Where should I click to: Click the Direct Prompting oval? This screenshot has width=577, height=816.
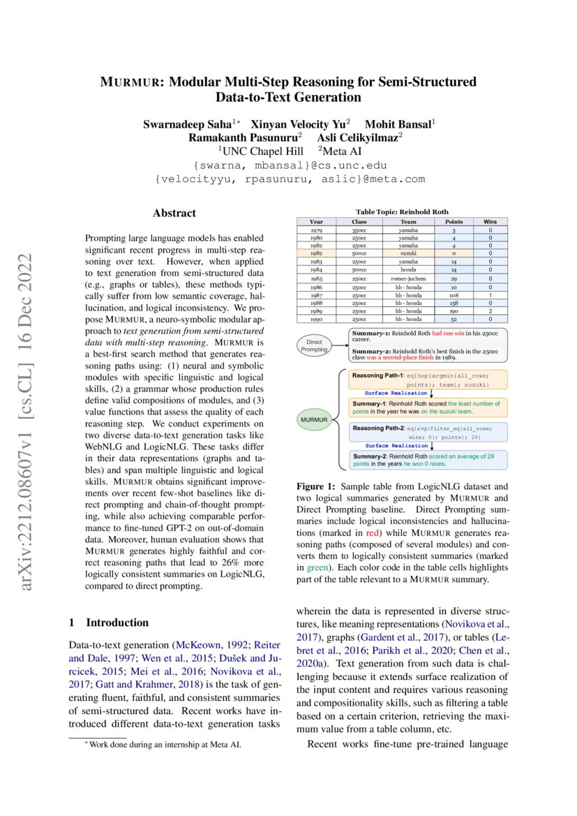(x=314, y=345)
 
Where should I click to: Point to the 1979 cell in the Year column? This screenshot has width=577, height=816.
(x=316, y=230)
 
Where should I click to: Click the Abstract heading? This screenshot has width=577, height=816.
(x=174, y=213)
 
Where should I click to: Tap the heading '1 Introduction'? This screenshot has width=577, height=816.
(x=108, y=622)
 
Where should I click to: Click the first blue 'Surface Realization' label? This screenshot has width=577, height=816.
(x=396, y=393)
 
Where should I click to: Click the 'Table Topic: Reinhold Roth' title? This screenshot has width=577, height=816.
(x=402, y=212)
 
